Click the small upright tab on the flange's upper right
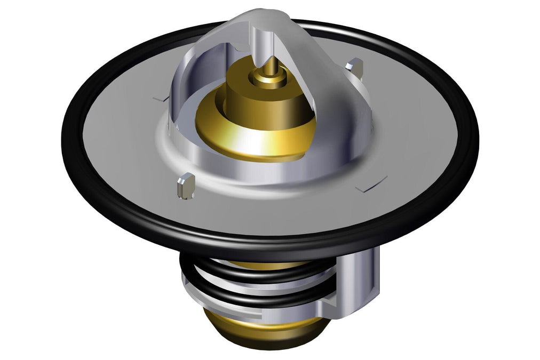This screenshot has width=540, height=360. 354,67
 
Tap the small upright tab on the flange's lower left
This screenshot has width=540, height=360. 185,185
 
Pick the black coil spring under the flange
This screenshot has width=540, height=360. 251,277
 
